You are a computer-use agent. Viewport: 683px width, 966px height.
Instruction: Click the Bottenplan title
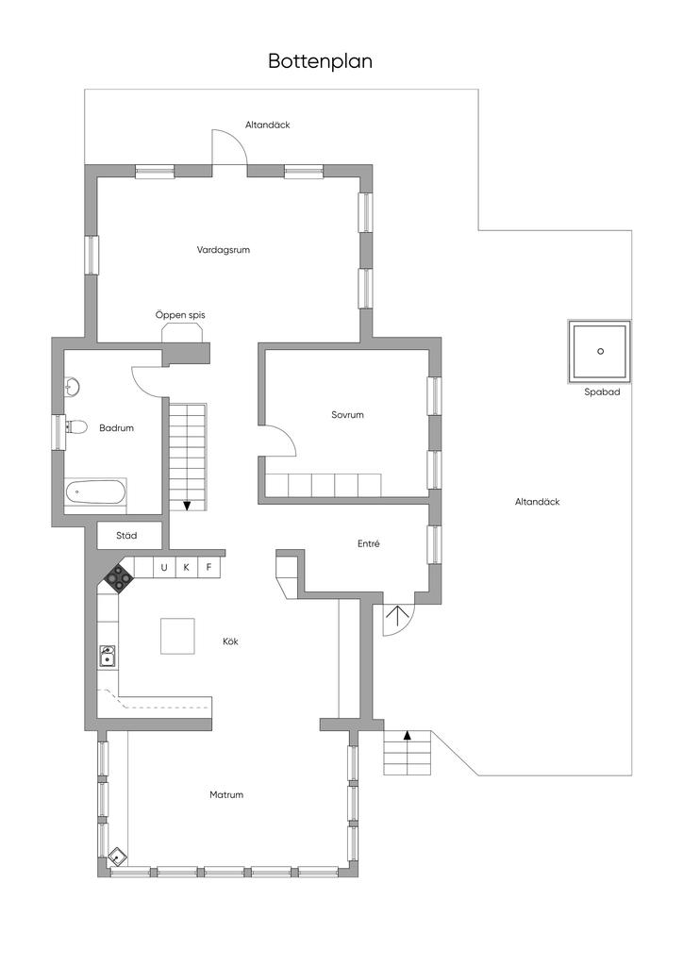tap(320, 61)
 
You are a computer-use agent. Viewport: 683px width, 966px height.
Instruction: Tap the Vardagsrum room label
tap(223, 250)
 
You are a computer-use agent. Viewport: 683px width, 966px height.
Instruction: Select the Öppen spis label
tap(180, 315)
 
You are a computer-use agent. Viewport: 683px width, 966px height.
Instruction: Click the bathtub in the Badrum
tap(96, 492)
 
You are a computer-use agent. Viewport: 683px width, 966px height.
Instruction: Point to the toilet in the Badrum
tap(75, 426)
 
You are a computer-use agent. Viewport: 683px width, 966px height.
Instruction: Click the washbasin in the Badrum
tap(72, 387)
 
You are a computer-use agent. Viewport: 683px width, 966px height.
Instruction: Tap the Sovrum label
tap(347, 415)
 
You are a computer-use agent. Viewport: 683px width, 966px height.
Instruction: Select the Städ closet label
tap(126, 536)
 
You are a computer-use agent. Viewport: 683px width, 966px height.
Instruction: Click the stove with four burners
tap(118, 578)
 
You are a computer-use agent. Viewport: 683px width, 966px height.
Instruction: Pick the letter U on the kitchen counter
tap(164, 567)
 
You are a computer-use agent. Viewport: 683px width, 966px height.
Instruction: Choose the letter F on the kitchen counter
tap(208, 567)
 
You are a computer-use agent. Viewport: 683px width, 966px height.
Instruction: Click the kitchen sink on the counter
tap(108, 657)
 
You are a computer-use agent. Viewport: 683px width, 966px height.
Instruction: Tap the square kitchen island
tap(178, 636)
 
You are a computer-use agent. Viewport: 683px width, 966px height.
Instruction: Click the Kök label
tap(230, 641)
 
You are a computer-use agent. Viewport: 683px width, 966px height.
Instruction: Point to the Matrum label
tap(226, 794)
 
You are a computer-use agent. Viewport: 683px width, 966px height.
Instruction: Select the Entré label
tap(368, 543)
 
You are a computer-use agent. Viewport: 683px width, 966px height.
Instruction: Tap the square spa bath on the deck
tap(600, 351)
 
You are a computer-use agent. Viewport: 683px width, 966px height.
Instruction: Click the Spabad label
tap(602, 391)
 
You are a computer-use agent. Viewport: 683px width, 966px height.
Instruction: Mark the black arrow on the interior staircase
tap(187, 506)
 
